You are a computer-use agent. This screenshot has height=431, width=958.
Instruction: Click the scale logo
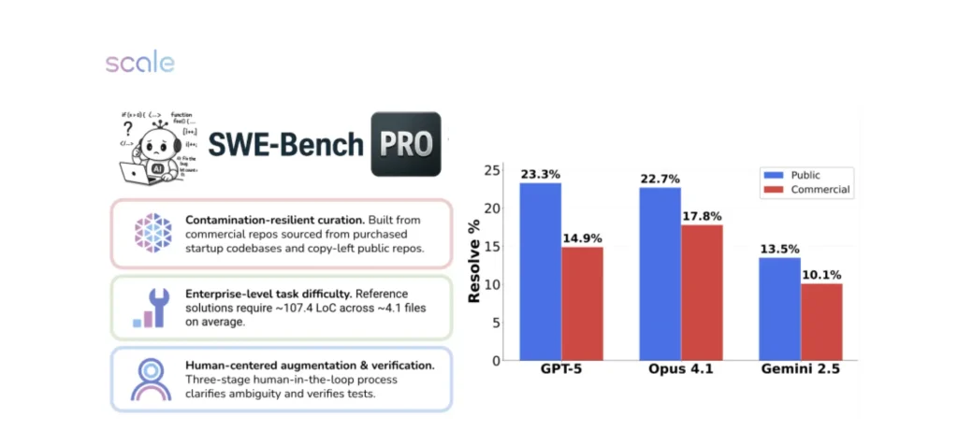[139, 64]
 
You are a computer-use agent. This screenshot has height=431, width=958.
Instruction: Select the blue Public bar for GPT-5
[540, 271]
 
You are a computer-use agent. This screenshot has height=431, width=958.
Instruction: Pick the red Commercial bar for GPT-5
[582, 303]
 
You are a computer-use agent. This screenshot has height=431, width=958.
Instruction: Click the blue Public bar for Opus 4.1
[660, 273]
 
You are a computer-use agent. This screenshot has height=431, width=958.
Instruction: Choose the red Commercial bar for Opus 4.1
[702, 292]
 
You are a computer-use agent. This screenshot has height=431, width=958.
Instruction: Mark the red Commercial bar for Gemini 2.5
[821, 322]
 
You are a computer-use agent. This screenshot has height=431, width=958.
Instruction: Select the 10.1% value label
[822, 274]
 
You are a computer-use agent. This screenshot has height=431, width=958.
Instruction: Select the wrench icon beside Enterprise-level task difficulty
[151, 308]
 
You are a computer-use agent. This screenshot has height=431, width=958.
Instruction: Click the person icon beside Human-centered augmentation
[151, 379]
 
